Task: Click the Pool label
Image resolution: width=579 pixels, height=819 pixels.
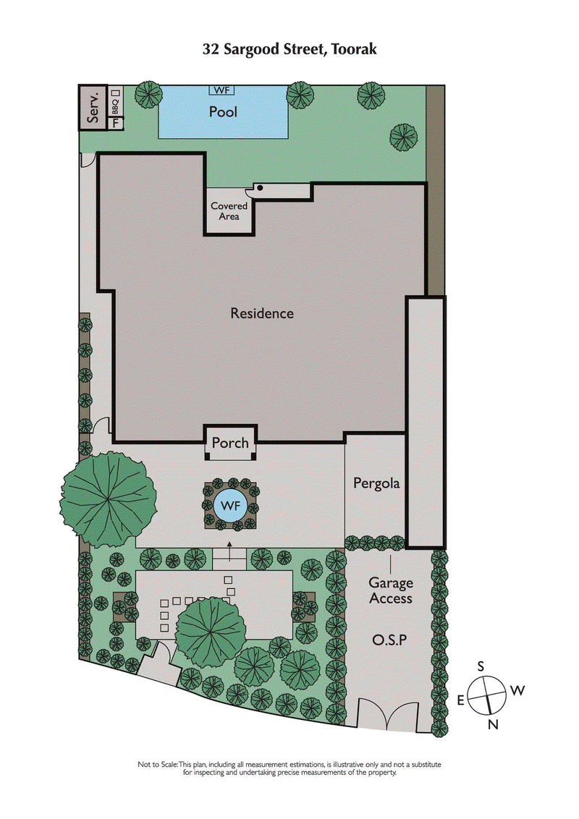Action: click(x=223, y=112)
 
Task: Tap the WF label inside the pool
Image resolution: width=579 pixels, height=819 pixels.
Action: click(x=222, y=90)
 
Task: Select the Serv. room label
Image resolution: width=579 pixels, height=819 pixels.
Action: click(x=93, y=108)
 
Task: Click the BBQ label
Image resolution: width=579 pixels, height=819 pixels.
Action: click(x=114, y=107)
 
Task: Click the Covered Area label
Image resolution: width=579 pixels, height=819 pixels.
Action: click(x=229, y=211)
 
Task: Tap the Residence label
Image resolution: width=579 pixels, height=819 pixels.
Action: click(x=262, y=313)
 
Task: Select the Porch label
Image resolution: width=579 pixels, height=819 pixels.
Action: click(x=230, y=443)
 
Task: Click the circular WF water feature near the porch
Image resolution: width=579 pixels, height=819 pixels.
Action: click(x=230, y=504)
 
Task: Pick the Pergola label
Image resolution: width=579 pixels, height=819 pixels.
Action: click(x=376, y=483)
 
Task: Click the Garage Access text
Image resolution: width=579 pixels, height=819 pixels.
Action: click(x=391, y=590)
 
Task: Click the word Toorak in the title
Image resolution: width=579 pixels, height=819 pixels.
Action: click(x=350, y=50)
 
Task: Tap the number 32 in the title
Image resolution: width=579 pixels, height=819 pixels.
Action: click(x=211, y=50)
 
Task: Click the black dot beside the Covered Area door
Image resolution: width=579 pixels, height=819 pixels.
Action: click(x=259, y=188)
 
